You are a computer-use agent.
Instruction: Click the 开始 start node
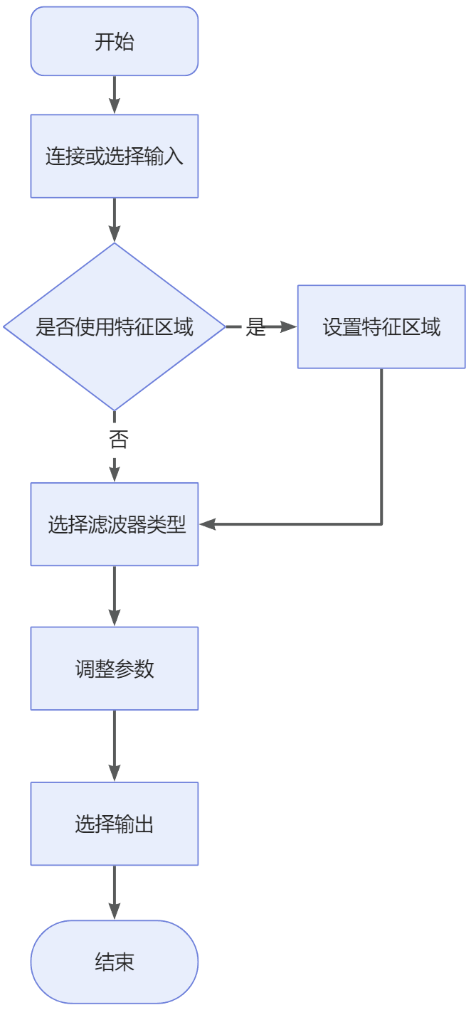tap(114, 42)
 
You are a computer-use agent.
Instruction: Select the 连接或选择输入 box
tap(114, 156)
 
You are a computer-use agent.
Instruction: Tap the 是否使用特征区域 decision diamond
tap(114, 327)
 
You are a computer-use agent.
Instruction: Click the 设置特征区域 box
tap(381, 327)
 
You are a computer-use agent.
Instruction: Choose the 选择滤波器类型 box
tap(114, 525)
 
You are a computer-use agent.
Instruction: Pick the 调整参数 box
tap(114, 669)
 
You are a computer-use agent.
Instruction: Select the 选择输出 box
tap(114, 824)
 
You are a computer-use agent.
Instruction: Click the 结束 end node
tap(114, 962)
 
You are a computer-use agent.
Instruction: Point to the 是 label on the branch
tap(255, 327)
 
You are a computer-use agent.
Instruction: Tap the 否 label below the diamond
tap(118, 439)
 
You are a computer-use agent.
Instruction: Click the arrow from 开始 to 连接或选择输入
tap(114, 95)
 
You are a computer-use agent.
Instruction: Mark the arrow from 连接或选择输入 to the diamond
tap(114, 220)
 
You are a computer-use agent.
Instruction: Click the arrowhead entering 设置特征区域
tap(288, 327)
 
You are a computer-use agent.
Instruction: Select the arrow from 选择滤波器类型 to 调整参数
tap(114, 596)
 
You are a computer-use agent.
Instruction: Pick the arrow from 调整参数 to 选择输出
tap(114, 745)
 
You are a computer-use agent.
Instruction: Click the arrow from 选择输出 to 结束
tap(114, 893)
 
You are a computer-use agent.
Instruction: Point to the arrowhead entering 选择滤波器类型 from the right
tap(208, 525)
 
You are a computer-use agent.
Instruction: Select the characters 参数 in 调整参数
tap(134, 669)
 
